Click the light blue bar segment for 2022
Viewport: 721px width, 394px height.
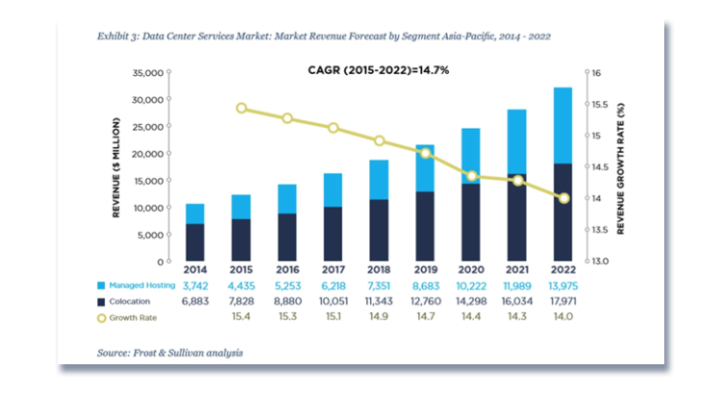pyautogui.click(x=563, y=125)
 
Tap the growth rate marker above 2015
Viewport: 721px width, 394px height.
pyautogui.click(x=241, y=108)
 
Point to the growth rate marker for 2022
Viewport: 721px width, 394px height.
pyautogui.click(x=563, y=198)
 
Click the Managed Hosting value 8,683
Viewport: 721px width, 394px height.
pyautogui.click(x=425, y=285)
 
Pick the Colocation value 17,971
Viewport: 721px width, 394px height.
pyautogui.click(x=563, y=301)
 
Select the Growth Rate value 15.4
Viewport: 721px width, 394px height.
pyautogui.click(x=241, y=316)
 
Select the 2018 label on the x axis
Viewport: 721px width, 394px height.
pyautogui.click(x=379, y=272)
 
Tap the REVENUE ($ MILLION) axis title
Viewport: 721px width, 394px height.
pyautogui.click(x=116, y=167)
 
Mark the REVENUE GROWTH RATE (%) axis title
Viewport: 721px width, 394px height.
pyautogui.click(x=621, y=167)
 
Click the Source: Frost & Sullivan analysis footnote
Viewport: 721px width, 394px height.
pyautogui.click(x=170, y=353)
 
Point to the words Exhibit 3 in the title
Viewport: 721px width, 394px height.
pyautogui.click(x=121, y=36)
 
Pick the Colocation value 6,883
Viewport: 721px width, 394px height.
pyautogui.click(x=195, y=301)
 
